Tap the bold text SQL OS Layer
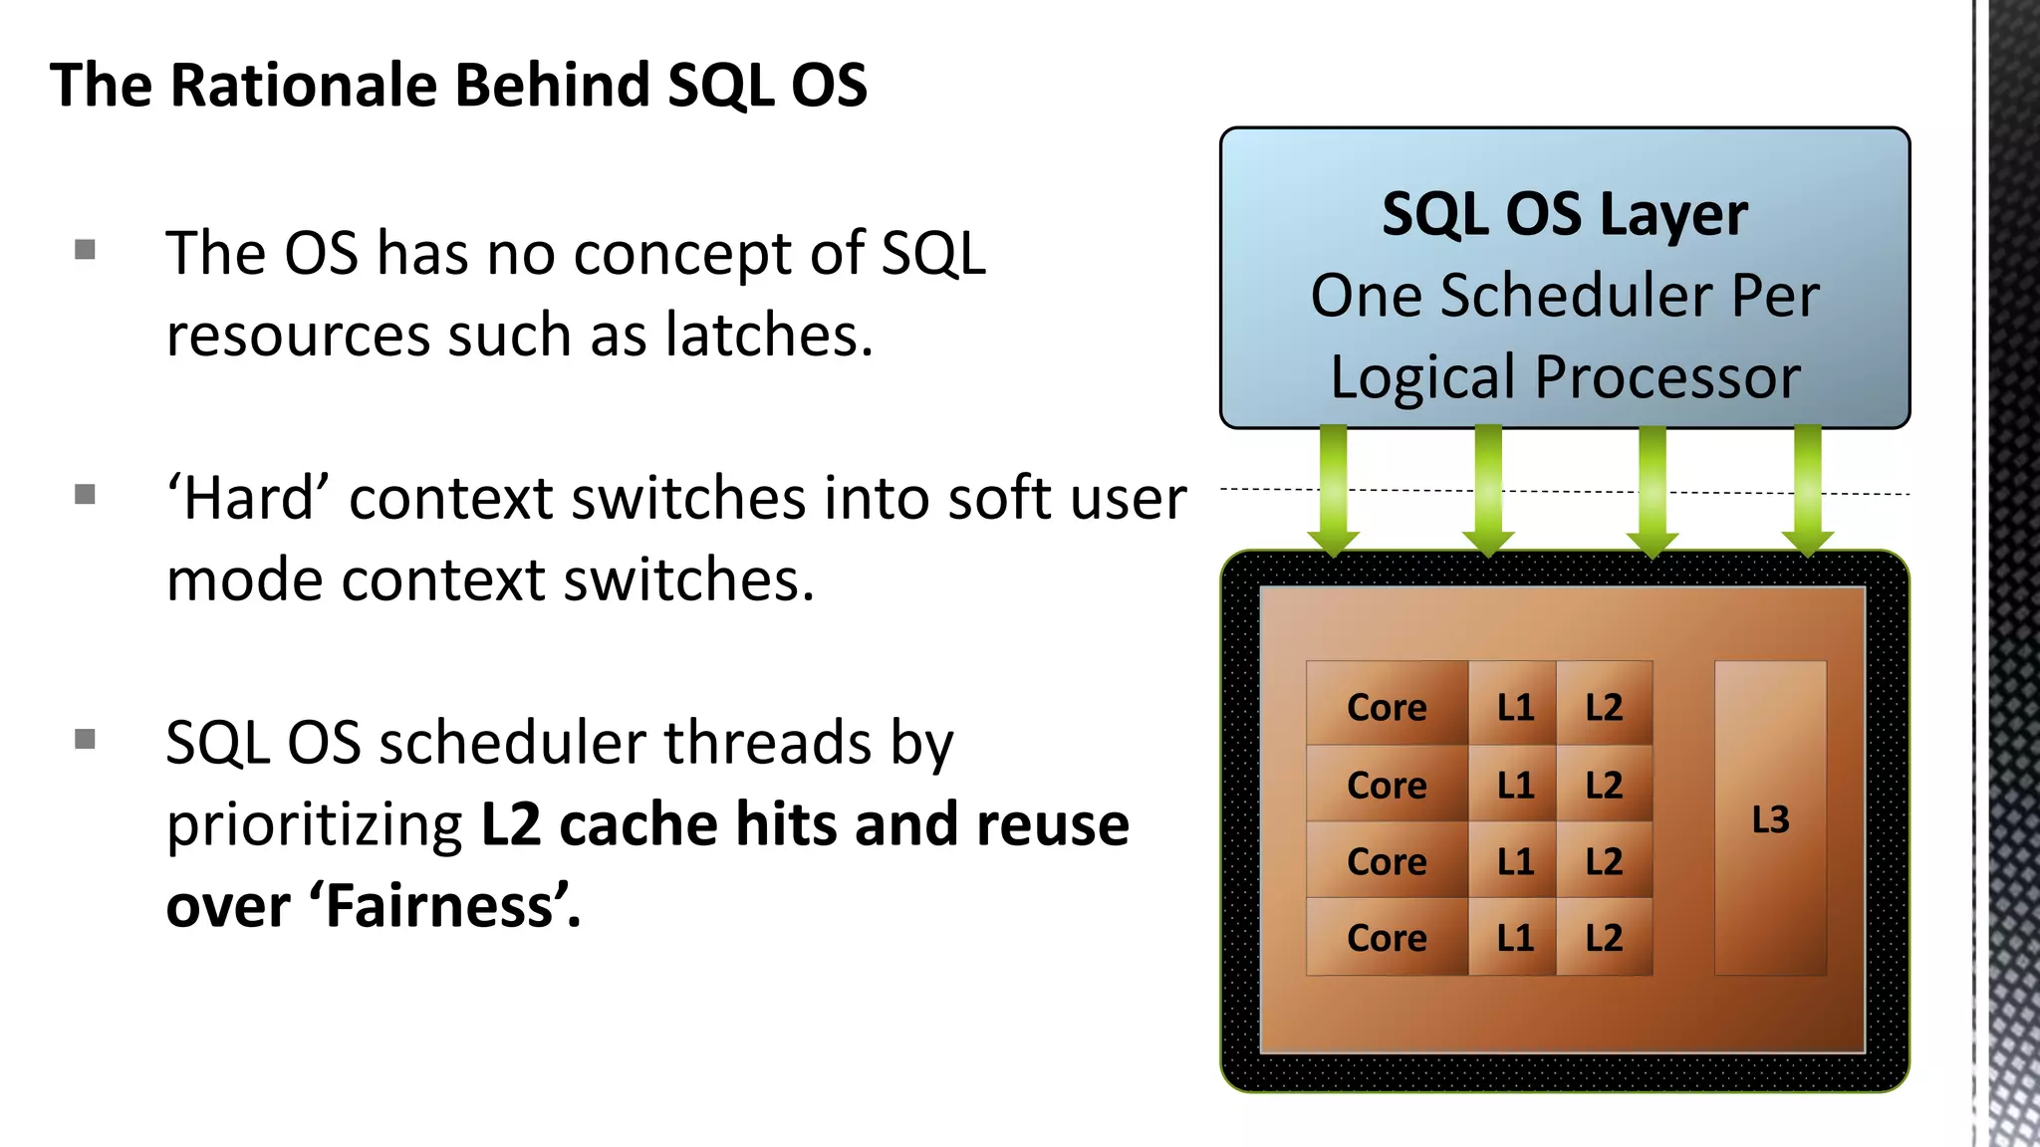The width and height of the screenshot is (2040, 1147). [1564, 214]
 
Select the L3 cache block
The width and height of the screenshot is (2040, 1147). [1770, 818]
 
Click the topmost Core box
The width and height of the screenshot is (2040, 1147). [1387, 706]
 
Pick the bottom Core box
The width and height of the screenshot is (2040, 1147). [1387, 937]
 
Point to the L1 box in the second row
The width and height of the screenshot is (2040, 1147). [1514, 785]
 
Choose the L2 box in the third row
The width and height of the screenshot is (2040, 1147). [1604, 861]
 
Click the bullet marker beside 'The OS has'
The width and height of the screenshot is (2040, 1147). [85, 249]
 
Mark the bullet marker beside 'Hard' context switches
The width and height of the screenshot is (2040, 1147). [85, 494]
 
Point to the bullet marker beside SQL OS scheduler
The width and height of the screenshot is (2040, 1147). [85, 739]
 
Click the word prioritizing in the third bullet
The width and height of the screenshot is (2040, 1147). [314, 824]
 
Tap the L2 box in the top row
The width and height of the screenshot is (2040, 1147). [1604, 706]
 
